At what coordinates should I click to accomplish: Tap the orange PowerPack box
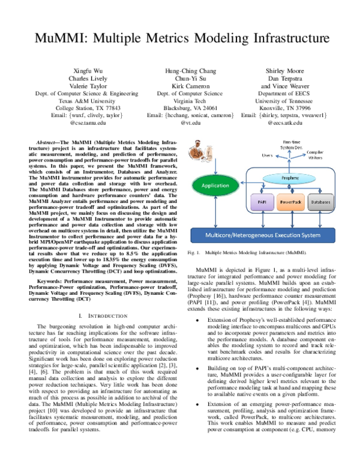[291, 187]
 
